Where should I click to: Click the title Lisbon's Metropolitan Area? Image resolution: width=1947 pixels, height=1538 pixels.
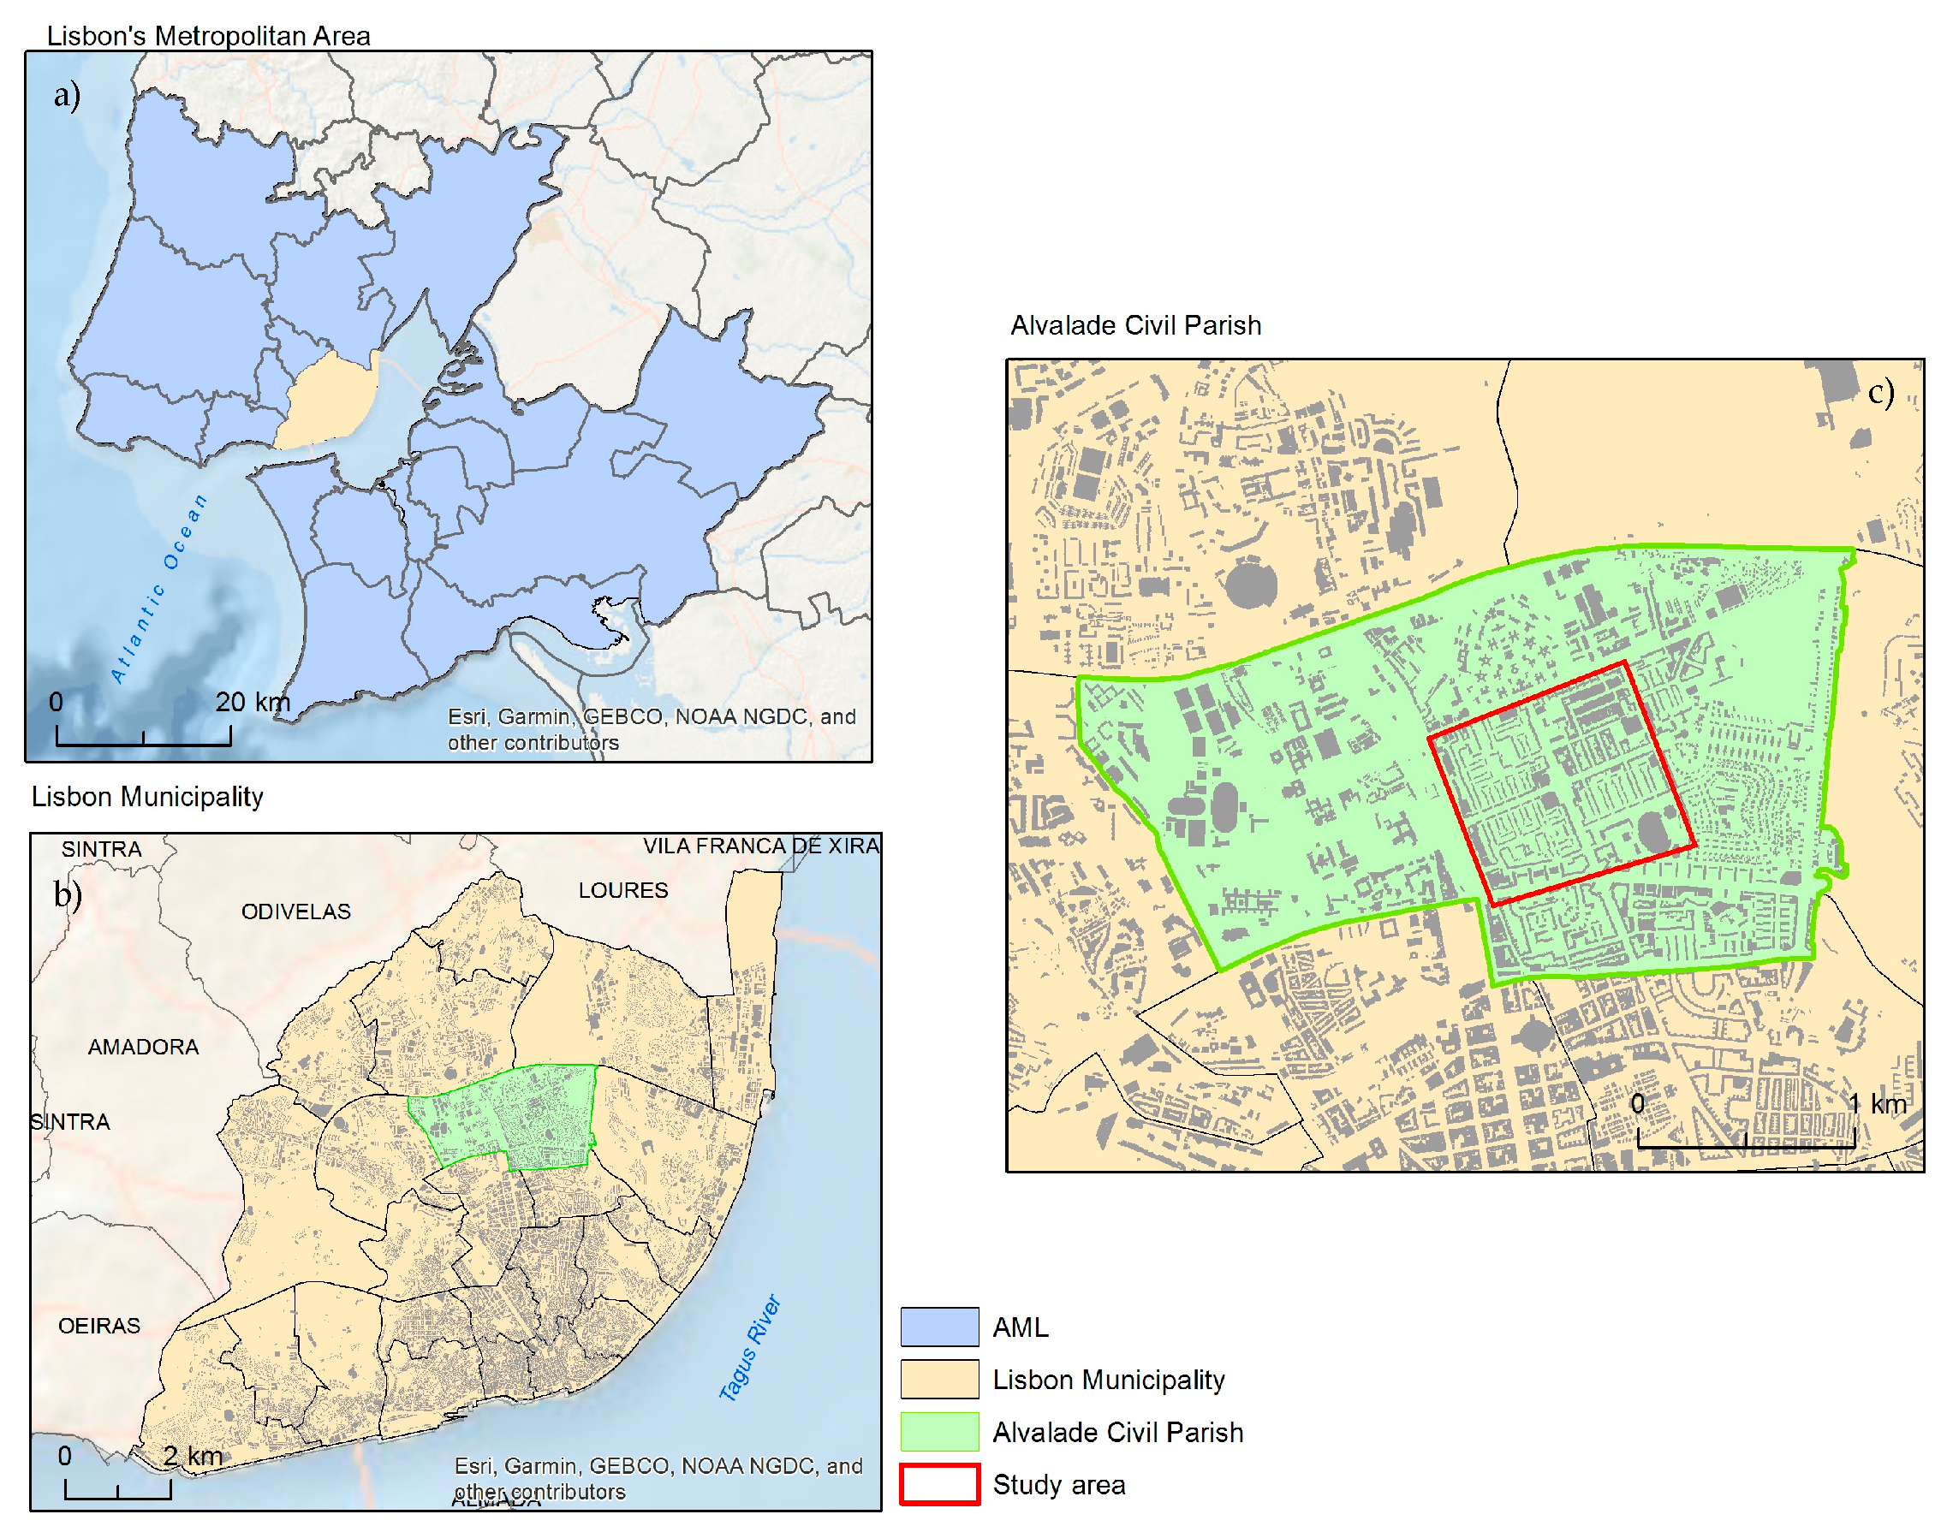(x=208, y=36)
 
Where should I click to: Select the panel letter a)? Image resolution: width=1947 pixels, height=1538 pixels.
(x=67, y=94)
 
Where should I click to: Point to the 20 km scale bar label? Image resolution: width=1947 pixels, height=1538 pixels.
(x=253, y=702)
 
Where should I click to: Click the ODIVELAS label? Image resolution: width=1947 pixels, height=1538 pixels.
(x=295, y=912)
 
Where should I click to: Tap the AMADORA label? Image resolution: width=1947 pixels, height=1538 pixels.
(x=143, y=1047)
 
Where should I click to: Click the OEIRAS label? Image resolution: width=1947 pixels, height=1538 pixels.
(x=99, y=1326)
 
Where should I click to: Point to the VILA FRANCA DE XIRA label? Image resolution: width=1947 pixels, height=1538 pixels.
(x=760, y=846)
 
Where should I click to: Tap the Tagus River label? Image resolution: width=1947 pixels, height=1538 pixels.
(x=749, y=1347)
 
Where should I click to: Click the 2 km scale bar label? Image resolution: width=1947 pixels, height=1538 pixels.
(x=193, y=1455)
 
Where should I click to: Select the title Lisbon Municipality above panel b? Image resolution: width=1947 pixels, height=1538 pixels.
(x=147, y=796)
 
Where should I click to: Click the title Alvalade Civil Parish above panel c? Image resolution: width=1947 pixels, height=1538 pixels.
(x=1134, y=325)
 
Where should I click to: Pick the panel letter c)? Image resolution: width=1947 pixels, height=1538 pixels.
(x=1880, y=393)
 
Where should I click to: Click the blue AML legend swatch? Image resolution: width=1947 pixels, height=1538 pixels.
(x=938, y=1327)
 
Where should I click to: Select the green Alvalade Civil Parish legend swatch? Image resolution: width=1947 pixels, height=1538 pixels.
(x=938, y=1431)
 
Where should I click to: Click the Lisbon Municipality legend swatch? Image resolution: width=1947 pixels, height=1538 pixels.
(x=938, y=1379)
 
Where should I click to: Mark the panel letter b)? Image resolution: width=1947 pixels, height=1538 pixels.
(x=68, y=894)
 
